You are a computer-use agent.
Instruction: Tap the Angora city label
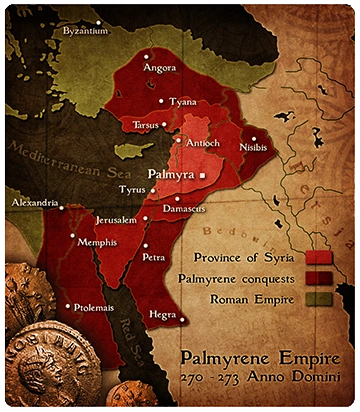point(160,69)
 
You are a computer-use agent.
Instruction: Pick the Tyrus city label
point(132,190)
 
